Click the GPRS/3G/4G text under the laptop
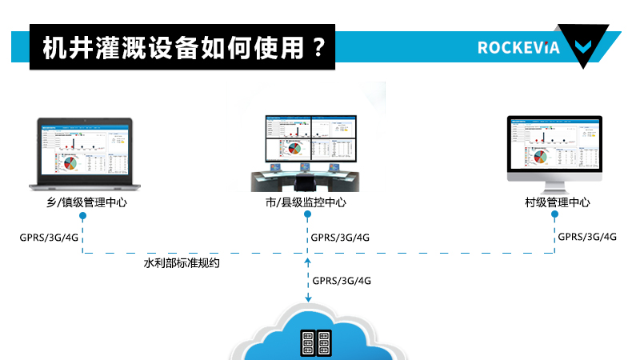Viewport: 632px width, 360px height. [x=49, y=238]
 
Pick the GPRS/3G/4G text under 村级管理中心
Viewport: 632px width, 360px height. [x=587, y=237]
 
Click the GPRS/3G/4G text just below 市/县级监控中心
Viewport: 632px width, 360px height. [x=340, y=238]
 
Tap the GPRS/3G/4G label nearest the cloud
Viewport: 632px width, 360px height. [x=342, y=281]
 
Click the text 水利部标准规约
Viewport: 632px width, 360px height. [x=182, y=262]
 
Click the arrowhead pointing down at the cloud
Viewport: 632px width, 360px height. [x=308, y=298]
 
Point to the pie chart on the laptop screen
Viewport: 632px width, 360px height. [x=70, y=162]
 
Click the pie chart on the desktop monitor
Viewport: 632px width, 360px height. [x=543, y=154]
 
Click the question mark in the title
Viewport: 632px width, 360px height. [x=319, y=47]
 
